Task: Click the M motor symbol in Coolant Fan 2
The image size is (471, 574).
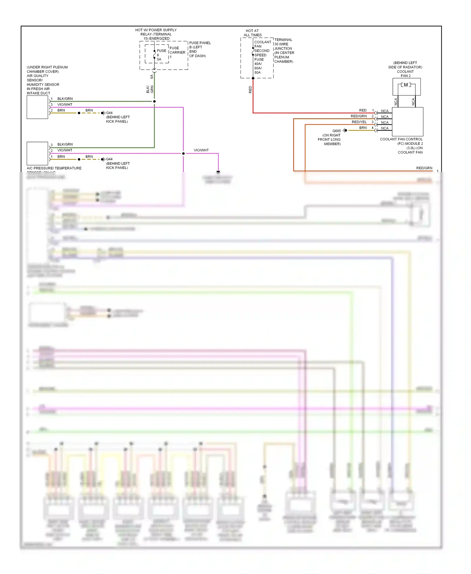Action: coord(406,85)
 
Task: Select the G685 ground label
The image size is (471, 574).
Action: coord(336,131)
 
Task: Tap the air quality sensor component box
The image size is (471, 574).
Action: coord(37,107)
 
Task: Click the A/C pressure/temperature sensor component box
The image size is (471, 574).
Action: coord(37,153)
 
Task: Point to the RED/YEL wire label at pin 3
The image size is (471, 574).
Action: coord(359,122)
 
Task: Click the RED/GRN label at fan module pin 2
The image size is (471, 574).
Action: coord(359,116)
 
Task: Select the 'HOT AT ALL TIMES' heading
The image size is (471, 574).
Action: coord(252,33)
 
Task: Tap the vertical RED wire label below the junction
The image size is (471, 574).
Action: coord(250,90)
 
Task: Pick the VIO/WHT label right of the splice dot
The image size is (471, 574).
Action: coord(201,150)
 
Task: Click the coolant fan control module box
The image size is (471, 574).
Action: coord(408,122)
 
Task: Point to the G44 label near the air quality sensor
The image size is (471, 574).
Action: coord(109,113)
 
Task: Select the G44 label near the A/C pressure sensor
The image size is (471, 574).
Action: coord(109,159)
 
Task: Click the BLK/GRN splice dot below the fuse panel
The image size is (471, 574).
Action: coord(154,101)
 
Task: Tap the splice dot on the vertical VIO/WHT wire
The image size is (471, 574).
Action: coord(183,154)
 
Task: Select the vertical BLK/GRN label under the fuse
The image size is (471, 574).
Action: coord(150,89)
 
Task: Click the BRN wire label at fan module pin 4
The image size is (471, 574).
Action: coord(363,128)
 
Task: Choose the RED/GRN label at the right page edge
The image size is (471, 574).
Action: coord(424,168)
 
